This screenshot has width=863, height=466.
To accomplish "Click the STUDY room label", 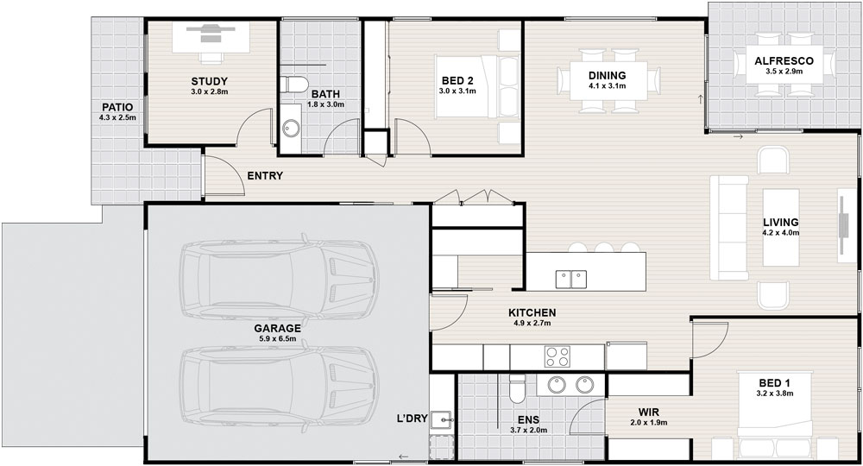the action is coord(209,82).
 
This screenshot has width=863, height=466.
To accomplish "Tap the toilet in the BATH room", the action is coord(293,85).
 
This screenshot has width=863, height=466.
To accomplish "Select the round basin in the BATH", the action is coord(291,129).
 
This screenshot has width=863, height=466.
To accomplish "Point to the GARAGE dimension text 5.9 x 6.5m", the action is coord(277,339).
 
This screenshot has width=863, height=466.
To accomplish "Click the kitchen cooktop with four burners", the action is coord(557,356).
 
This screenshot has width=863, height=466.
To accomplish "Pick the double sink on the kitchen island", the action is coord(570,279).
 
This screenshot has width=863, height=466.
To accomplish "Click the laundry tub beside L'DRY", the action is coord(441,421).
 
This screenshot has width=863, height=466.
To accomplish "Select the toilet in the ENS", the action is coord(517,388).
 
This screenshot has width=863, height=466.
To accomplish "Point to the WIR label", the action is coord(649,412).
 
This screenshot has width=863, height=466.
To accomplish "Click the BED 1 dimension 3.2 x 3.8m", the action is coord(775,394).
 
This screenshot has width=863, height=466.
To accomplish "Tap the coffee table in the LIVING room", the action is coord(780,227).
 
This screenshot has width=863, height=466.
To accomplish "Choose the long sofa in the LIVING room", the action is coord(728,228).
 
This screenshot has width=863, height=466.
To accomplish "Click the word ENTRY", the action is coord(265,176).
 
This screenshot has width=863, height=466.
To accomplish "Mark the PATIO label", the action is coord(117,107).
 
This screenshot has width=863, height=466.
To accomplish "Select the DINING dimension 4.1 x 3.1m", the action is coord(607,85).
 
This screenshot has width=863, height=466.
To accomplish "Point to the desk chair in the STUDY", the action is coord(211,57).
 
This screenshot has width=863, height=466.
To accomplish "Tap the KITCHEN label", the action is coord(532,313).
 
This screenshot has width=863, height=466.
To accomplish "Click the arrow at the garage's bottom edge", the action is coord(403,457).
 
